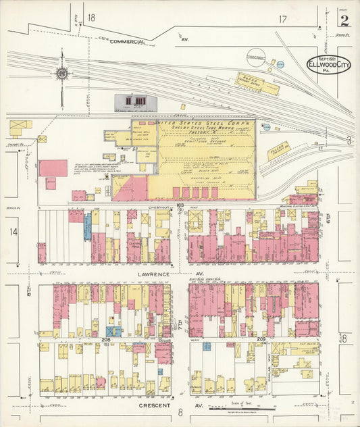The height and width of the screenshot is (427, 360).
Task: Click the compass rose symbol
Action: (x=62, y=73)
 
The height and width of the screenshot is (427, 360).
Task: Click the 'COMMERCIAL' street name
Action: (x=128, y=42)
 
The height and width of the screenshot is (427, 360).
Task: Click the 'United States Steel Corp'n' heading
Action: (x=205, y=124)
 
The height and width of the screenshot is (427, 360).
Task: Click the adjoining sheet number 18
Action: (x=91, y=17)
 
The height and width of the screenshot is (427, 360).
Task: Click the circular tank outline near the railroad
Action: (x=256, y=57)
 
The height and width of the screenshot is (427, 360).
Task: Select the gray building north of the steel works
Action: (x=136, y=102)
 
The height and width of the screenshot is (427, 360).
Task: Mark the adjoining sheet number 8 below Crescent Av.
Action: (x=180, y=412)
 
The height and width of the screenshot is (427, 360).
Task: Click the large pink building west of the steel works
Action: (x=53, y=168)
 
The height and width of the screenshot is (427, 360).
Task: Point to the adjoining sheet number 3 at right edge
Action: (x=349, y=140)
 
